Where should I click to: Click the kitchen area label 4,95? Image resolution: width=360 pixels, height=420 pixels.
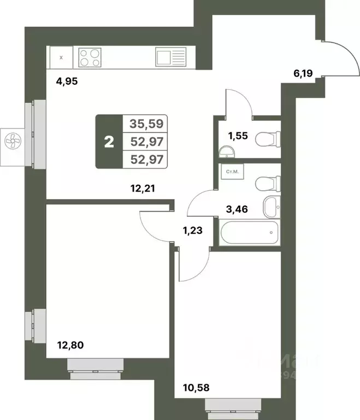click(68, 83)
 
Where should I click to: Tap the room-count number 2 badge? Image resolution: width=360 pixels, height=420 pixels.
click(109, 142)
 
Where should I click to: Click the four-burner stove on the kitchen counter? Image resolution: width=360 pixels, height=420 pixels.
click(91, 57)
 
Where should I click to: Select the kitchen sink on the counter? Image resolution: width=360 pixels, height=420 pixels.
click(170, 57)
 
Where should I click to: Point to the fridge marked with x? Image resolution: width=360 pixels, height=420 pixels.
click(61, 57)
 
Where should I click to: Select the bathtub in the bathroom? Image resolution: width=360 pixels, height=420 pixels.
click(249, 232)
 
